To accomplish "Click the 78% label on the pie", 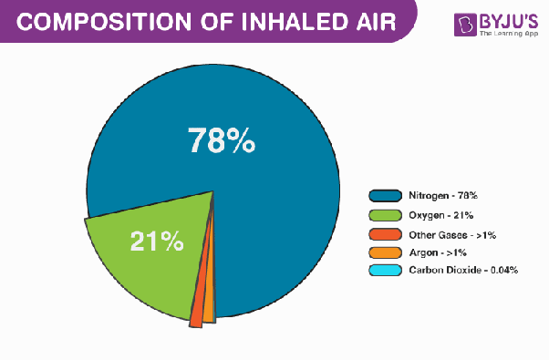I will point(221,140).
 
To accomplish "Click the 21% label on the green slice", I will point(157,242).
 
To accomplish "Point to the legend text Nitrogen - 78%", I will point(442,195).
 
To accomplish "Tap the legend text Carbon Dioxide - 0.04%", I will point(463,271).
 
